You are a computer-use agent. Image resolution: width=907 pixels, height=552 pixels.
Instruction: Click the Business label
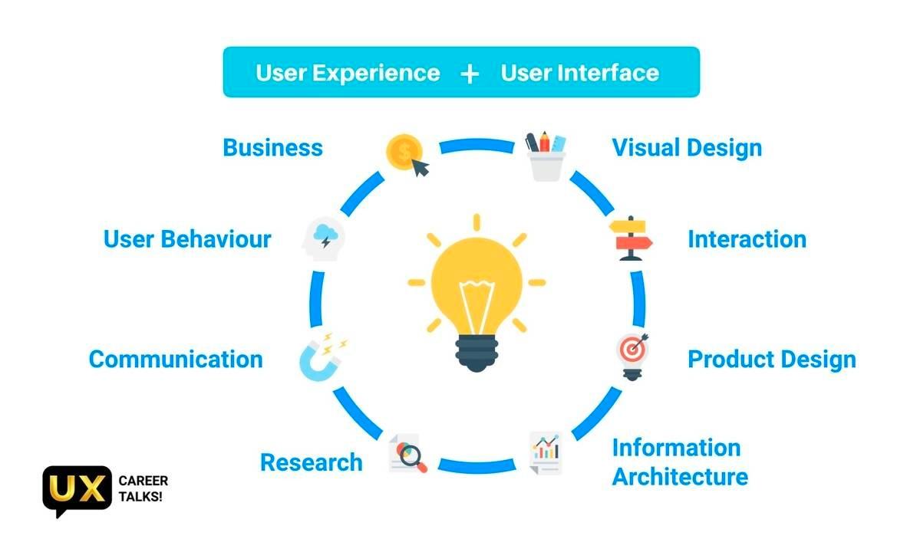[x=272, y=147]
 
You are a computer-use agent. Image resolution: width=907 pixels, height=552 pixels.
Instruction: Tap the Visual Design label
[x=687, y=147]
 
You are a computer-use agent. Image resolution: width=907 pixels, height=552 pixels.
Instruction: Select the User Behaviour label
[x=187, y=238]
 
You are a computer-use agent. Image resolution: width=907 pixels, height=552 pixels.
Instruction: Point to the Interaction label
[x=747, y=238]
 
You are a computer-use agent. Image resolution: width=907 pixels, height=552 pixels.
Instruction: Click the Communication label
[x=176, y=359]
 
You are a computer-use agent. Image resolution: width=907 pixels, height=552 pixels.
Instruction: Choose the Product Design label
[x=771, y=359]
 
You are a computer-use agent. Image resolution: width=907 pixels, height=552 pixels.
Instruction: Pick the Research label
[x=311, y=462]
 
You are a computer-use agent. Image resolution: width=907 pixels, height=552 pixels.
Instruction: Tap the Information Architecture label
[x=679, y=462]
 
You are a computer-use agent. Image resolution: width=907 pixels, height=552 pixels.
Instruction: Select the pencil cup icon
[x=546, y=156]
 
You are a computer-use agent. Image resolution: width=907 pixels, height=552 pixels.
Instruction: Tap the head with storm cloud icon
[x=324, y=239]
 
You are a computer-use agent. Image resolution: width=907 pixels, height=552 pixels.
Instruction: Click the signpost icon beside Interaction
[x=631, y=238]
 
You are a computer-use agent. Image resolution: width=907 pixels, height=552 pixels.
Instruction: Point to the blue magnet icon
[x=320, y=356]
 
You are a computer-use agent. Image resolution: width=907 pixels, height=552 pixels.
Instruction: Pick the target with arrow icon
[x=632, y=353]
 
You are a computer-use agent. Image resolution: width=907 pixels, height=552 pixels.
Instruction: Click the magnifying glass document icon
[x=407, y=454]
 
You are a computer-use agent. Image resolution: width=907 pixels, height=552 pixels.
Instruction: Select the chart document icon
[x=546, y=452]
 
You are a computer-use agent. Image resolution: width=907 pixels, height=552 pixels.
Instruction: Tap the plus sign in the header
[x=470, y=73]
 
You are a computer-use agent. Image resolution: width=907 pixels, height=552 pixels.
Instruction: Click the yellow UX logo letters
[x=77, y=489]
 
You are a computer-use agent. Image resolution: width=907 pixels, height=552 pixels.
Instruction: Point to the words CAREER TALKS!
[x=143, y=489]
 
